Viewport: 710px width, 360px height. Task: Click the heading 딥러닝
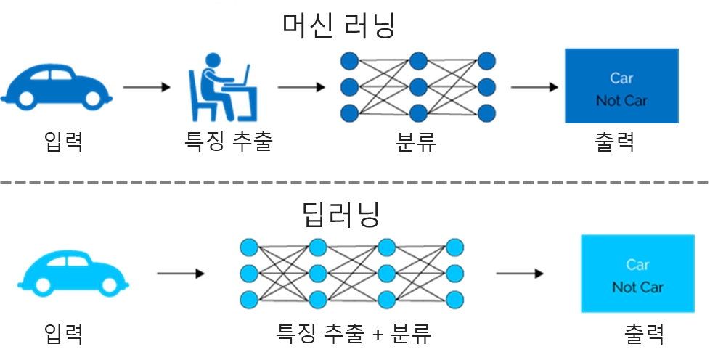tap(341, 214)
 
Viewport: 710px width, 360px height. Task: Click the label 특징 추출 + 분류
tap(354, 334)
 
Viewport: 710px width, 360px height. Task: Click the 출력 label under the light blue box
tap(643, 334)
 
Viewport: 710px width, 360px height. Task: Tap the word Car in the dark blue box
tap(621, 78)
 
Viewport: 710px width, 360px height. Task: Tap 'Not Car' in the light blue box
tap(637, 287)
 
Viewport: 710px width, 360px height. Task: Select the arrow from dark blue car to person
tap(146, 88)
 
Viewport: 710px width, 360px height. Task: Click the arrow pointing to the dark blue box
tap(534, 88)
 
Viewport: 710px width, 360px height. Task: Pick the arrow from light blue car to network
tap(180, 274)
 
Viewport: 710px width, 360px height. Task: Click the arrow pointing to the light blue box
tap(519, 274)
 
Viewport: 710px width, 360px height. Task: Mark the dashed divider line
tap(355, 181)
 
